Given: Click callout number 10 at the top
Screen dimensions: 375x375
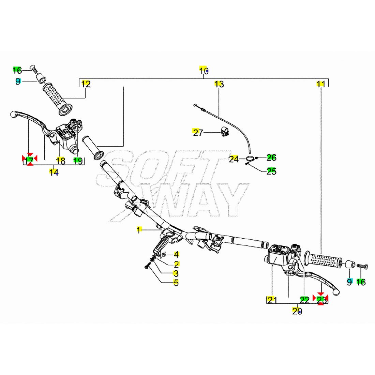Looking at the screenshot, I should pyautogui.click(x=204, y=71).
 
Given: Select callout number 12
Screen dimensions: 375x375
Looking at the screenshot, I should pyautogui.click(x=86, y=84).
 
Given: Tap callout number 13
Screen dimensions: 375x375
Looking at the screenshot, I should pyautogui.click(x=219, y=84).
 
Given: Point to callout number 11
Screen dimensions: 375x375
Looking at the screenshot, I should pyautogui.click(x=321, y=84).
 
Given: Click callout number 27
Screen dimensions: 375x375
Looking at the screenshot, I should pyautogui.click(x=198, y=132).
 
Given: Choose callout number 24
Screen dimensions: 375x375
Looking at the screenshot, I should pyautogui.click(x=234, y=159).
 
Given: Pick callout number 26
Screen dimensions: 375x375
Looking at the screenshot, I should pyautogui.click(x=271, y=157).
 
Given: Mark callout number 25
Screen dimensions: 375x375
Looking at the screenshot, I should pyautogui.click(x=271, y=171).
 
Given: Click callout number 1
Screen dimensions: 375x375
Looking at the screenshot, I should pyautogui.click(x=139, y=230).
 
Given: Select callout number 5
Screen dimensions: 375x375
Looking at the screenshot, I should pyautogui.click(x=176, y=282).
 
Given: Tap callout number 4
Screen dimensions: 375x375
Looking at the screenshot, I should pyautogui.click(x=176, y=254).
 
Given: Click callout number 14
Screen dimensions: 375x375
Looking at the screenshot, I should pyautogui.click(x=54, y=172).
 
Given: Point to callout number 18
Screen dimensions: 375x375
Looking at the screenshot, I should pyautogui.click(x=60, y=161).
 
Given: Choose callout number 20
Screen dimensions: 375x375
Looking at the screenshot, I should pyautogui.click(x=297, y=311).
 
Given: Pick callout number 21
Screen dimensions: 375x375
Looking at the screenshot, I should pyautogui.click(x=272, y=300).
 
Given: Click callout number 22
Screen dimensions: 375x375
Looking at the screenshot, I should pyautogui.click(x=304, y=300).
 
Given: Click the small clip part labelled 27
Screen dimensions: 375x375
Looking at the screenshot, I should pyautogui.click(x=225, y=132).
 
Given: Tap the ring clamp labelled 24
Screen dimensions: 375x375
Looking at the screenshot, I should pyautogui.click(x=251, y=158).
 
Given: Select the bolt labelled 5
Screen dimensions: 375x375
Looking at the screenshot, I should pyautogui.click(x=147, y=267).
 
